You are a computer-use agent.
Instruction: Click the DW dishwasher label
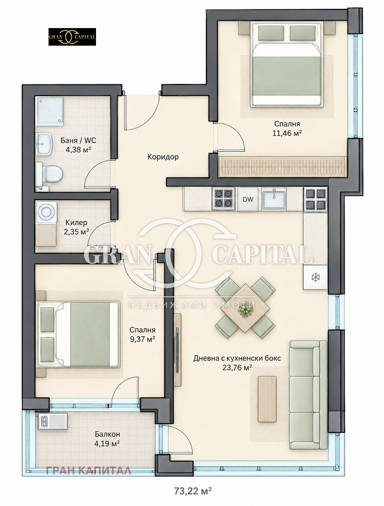(x=248, y=199)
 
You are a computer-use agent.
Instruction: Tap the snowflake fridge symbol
(x=315, y=277)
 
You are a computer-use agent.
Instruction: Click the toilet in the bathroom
(x=49, y=173)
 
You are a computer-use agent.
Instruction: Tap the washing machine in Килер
(x=46, y=212)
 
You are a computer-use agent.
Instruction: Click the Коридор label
(x=163, y=157)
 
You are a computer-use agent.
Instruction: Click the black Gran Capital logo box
(x=72, y=37)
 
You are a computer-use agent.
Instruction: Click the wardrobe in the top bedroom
(x=282, y=167)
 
